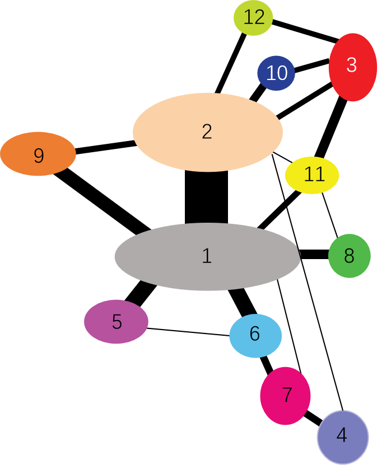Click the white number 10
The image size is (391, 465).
tap(277, 73)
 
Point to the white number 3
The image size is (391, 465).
tap(352, 65)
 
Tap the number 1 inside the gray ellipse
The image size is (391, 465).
tap(207, 256)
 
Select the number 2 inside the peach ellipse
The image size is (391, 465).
tap(207, 132)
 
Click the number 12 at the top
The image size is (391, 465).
tap(254, 17)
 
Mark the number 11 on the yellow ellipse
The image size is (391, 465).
tap(314, 175)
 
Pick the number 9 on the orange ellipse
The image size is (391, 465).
tap(39, 156)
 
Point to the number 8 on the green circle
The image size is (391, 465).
tap(349, 256)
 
